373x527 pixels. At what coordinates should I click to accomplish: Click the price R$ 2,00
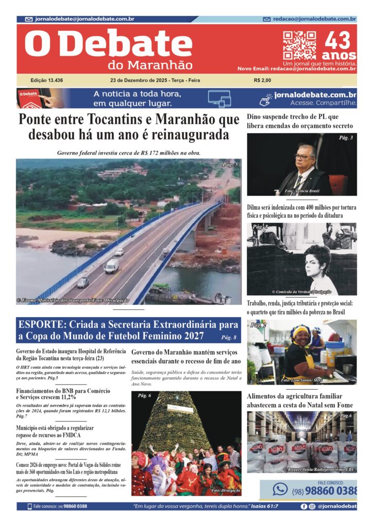(x=262, y=80)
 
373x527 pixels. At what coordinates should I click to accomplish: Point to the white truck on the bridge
(x=112, y=265)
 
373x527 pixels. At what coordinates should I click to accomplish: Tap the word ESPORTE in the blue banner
(x=38, y=325)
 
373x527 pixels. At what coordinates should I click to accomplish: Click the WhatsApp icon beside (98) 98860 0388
(x=280, y=489)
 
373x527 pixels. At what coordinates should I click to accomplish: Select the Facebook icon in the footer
(x=304, y=506)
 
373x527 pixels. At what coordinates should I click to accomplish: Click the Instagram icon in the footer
(x=312, y=506)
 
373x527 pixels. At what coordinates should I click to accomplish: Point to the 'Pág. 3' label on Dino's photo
(x=346, y=138)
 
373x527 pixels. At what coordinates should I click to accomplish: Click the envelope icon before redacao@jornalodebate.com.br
(x=266, y=19)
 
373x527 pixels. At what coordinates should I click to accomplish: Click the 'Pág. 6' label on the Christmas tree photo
(x=144, y=395)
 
